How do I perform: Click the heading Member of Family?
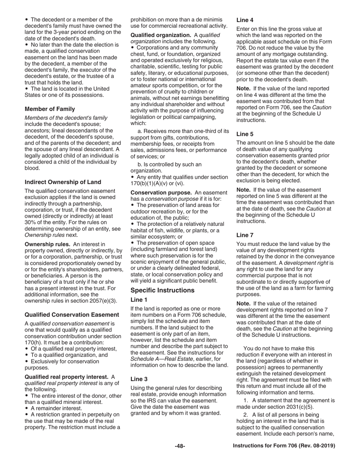(50, 109)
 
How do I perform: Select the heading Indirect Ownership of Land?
(63, 182)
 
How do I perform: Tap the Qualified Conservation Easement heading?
(72, 315)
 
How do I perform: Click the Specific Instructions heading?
(163, 291)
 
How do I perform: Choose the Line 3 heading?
(139, 378)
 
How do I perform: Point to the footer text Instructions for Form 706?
(284, 446)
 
